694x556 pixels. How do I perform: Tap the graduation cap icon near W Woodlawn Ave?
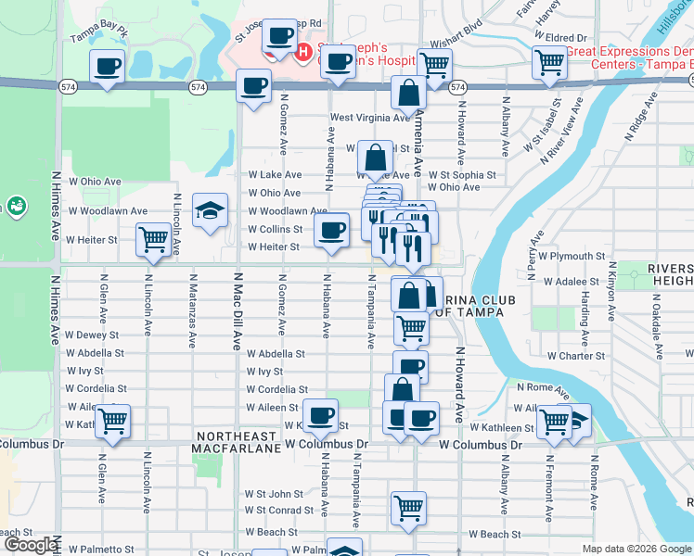click(211, 210)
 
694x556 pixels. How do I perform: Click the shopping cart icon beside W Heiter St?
click(154, 240)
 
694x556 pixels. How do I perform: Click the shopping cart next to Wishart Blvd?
click(434, 65)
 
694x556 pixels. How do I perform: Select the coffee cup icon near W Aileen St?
click(322, 415)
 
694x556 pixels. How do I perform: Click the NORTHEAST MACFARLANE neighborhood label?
click(235, 442)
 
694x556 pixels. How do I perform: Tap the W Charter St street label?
click(575, 355)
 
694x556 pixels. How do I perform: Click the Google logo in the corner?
click(29, 545)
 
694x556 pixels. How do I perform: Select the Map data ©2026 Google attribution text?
click(636, 549)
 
